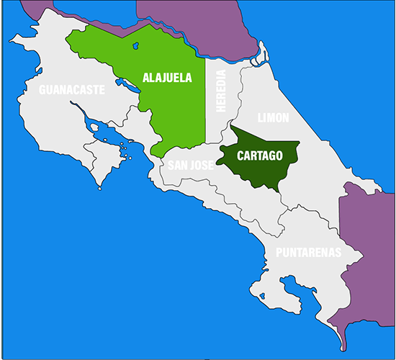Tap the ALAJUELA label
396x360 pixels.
(x=166, y=78)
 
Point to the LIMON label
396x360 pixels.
(x=273, y=117)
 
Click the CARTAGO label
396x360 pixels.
(x=259, y=155)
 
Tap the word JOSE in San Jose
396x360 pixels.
(x=202, y=165)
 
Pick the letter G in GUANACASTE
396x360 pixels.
(x=42, y=90)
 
